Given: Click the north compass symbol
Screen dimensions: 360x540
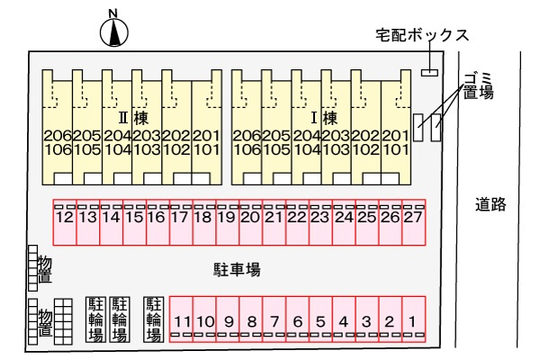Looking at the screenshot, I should [113, 31].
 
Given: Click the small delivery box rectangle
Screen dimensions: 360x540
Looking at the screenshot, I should [429, 72].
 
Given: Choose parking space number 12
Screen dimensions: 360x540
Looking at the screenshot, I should [64, 219].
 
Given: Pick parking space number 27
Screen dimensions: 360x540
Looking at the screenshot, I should [413, 219].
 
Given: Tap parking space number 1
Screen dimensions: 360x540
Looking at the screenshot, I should [411, 320].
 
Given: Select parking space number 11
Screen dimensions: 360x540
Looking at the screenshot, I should [183, 320].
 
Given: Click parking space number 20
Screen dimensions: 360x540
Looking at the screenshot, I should [250, 219].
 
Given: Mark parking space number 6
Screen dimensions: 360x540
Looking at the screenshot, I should [297, 320].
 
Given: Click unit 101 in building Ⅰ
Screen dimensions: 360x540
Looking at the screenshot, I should [394, 150].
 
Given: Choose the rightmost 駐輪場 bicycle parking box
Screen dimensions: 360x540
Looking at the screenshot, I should [153, 319].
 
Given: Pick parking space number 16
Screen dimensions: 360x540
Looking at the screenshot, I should [157, 219].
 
